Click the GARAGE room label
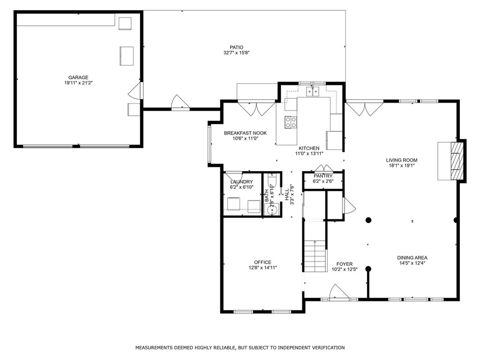[x=78, y=77]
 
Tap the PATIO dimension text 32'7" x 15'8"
[x=237, y=52]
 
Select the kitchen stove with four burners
[x=291, y=122]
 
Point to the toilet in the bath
[x=272, y=180]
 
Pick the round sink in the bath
[x=272, y=210]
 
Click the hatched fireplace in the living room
[x=457, y=161]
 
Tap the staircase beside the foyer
[x=315, y=256]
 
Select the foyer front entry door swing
[x=338, y=291]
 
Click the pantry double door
[x=323, y=168]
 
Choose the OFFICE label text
[x=262, y=262]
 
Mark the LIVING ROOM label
[x=402, y=160]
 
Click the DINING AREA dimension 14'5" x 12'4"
[x=412, y=263]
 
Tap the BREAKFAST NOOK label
[x=245, y=133]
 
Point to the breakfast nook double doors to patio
[x=256, y=108]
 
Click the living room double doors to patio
[x=365, y=108]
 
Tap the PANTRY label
[x=323, y=176]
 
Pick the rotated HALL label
[x=286, y=195]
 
